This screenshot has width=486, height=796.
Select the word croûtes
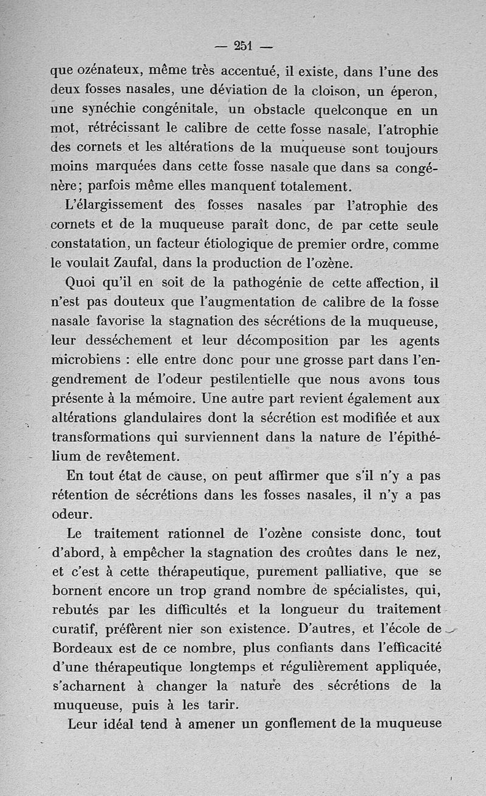click(x=331, y=552)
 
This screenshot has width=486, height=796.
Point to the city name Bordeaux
click(x=84, y=647)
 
